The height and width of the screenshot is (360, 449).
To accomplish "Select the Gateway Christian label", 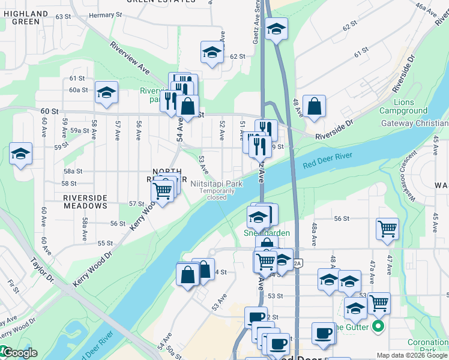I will (x=414, y=124).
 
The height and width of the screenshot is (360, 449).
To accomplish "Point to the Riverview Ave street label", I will (x=129, y=57).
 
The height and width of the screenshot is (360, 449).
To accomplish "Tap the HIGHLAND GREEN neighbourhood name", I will (x=25, y=17).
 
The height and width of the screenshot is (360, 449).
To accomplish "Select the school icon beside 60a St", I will (x=106, y=92).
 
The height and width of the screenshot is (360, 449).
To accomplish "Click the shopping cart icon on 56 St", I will (x=388, y=229).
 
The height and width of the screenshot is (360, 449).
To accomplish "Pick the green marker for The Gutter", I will (x=378, y=327).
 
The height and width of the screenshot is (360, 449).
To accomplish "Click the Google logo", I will (x=19, y=353).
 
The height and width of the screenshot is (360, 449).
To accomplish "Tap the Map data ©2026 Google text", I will (x=412, y=355).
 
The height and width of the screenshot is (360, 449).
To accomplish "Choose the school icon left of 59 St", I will (x=20, y=154).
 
